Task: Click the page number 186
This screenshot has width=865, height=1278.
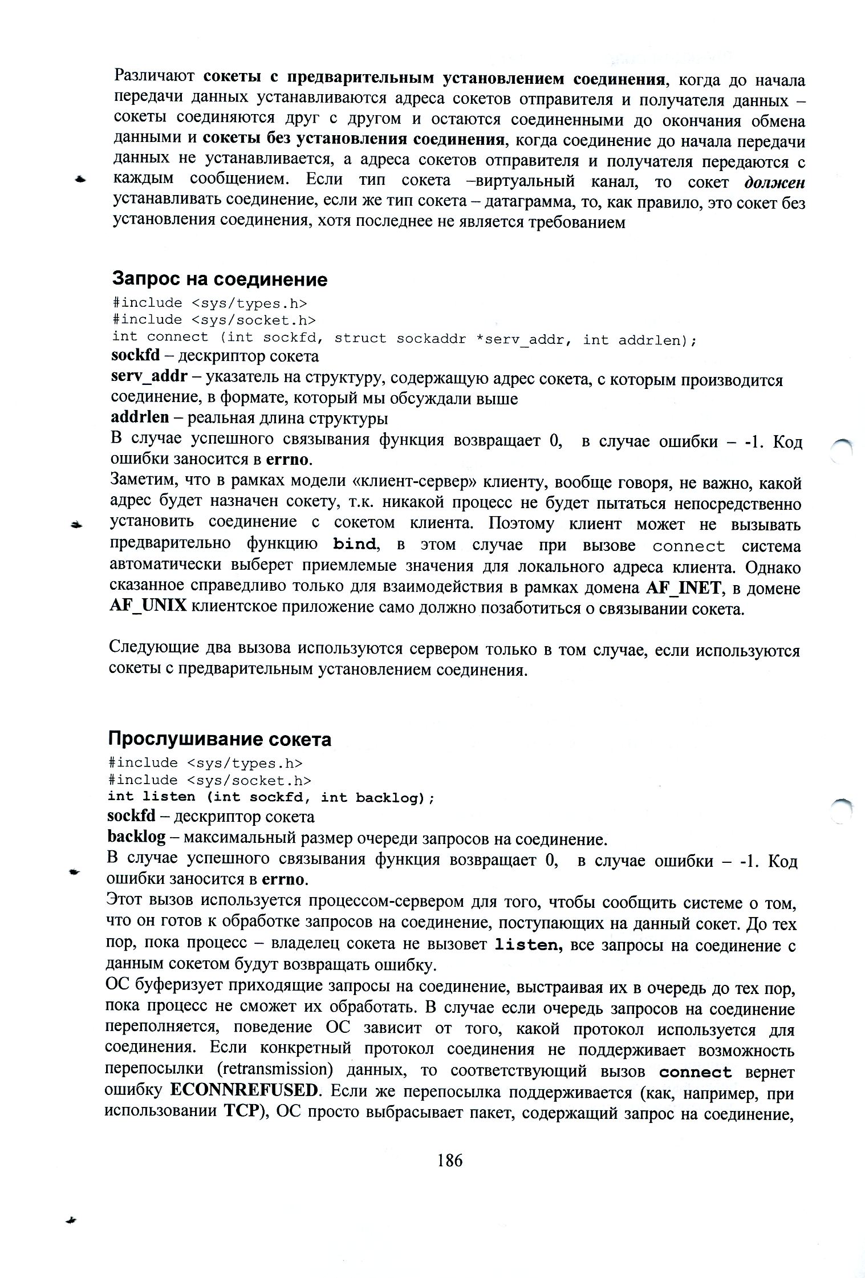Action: [450, 1160]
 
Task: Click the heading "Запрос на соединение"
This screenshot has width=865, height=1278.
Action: [220, 279]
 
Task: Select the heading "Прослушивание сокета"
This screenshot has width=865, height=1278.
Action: [220, 739]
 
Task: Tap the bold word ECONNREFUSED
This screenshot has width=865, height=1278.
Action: [243, 1091]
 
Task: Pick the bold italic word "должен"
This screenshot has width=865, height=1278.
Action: [774, 182]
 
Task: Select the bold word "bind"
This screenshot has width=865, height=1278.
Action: [354, 545]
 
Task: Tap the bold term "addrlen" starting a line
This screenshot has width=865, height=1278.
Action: [140, 417]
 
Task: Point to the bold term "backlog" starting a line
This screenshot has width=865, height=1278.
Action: [136, 837]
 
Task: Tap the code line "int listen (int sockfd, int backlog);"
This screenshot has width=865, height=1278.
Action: [271, 797]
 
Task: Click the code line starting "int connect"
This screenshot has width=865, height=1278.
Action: [404, 338]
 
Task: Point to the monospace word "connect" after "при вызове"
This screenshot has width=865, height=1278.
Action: [688, 546]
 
